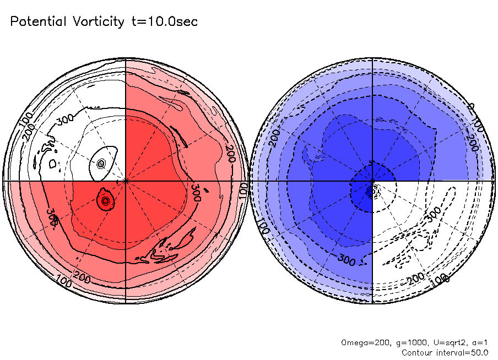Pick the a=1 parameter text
coord(477,342)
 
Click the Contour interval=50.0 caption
coord(445,352)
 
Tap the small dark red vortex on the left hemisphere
coord(105,201)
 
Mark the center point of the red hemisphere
coord(126,180)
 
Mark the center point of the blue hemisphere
coord(373,180)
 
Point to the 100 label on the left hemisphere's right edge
coord(243,189)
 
